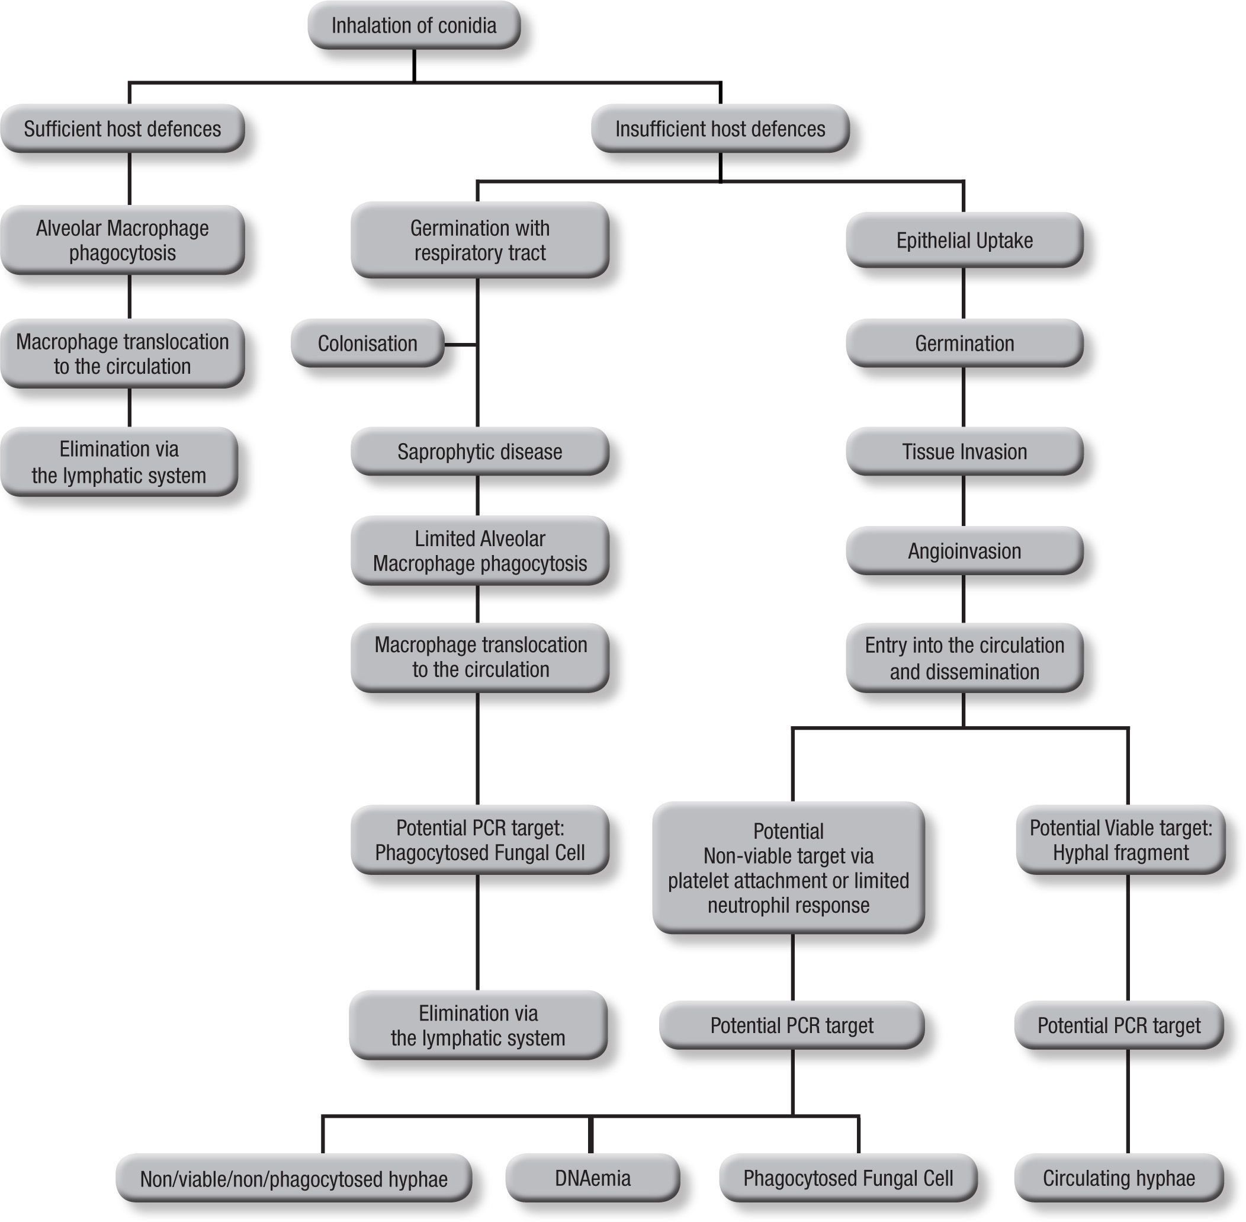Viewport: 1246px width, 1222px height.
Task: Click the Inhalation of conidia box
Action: pyautogui.click(x=414, y=25)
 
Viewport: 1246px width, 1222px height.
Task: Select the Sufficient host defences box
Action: pyautogui.click(x=122, y=129)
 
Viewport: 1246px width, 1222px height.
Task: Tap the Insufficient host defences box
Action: pyautogui.click(x=720, y=129)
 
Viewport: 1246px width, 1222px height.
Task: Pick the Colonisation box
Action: pyautogui.click(x=367, y=344)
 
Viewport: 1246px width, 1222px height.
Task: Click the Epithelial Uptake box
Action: pyautogui.click(x=964, y=240)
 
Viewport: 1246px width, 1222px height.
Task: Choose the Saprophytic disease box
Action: pyautogui.click(x=479, y=451)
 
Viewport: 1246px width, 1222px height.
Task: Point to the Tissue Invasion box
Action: pyautogui.click(x=964, y=451)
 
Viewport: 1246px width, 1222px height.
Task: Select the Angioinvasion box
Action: pyautogui.click(x=964, y=551)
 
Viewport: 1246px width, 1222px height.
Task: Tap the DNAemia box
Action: pyautogui.click(x=592, y=1178)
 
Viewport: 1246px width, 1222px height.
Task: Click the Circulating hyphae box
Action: pyautogui.click(x=1118, y=1178)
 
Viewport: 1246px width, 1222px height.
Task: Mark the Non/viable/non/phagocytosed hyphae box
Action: pyautogui.click(x=293, y=1178)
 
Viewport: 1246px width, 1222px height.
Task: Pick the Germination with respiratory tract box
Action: pyautogui.click(x=479, y=240)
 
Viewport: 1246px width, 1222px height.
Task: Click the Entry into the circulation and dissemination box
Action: pyautogui.click(x=964, y=658)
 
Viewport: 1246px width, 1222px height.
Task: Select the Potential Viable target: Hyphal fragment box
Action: pyautogui.click(x=1120, y=839)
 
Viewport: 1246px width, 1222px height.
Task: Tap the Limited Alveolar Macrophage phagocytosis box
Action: pyautogui.click(x=479, y=551)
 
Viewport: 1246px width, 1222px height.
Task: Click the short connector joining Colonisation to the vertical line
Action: pyautogui.click(x=460, y=345)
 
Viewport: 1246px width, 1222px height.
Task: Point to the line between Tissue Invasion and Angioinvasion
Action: pyautogui.click(x=964, y=501)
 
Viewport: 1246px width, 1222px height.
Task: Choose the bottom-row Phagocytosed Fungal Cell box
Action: pyautogui.click(x=847, y=1178)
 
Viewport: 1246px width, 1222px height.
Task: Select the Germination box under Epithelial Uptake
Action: pyautogui.click(x=964, y=344)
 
